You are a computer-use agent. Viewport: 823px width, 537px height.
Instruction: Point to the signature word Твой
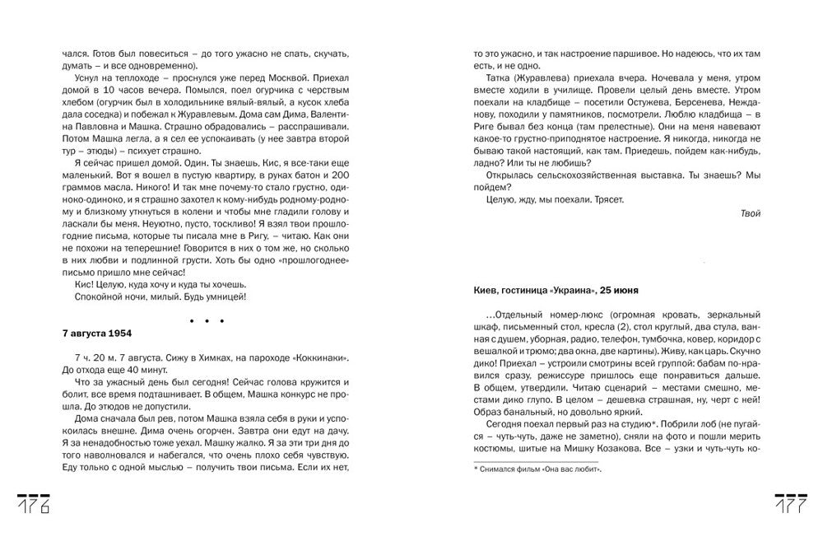[751, 213]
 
